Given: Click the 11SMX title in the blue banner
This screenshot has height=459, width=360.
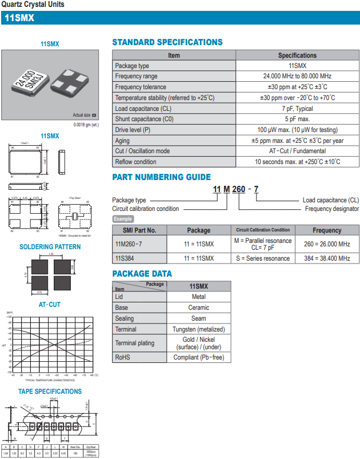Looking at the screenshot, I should click(x=19, y=18).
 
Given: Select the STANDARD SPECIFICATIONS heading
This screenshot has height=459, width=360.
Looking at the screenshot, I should click(x=167, y=42).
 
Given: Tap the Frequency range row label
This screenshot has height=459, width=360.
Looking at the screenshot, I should click(x=136, y=77).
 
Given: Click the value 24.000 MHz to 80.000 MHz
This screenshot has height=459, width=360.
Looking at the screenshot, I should click(x=297, y=77).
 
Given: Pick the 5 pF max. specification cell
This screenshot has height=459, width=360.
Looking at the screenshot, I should click(x=297, y=119).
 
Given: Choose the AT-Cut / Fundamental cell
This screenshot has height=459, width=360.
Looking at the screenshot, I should click(x=297, y=151).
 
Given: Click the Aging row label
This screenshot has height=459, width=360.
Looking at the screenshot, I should click(x=122, y=141).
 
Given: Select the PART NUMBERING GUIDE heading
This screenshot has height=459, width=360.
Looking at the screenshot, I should click(x=161, y=177).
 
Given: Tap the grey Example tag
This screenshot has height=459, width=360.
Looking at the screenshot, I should click(x=123, y=219).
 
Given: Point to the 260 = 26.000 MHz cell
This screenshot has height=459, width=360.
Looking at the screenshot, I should click(x=327, y=244).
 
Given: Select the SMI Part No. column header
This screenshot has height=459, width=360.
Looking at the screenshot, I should click(x=139, y=230).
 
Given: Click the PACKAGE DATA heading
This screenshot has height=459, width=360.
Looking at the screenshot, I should click(x=142, y=274).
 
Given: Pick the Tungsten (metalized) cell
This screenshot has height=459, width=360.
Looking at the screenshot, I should click(x=199, y=329).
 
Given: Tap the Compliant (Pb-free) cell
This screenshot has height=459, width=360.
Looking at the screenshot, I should click(x=199, y=358).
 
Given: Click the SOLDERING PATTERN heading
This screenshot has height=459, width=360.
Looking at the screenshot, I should click(x=50, y=247).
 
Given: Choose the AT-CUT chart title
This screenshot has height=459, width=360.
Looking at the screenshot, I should click(x=50, y=305).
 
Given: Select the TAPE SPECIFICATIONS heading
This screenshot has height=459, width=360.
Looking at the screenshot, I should click(x=50, y=392).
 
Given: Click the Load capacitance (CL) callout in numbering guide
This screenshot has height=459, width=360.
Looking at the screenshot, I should click(x=331, y=200).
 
